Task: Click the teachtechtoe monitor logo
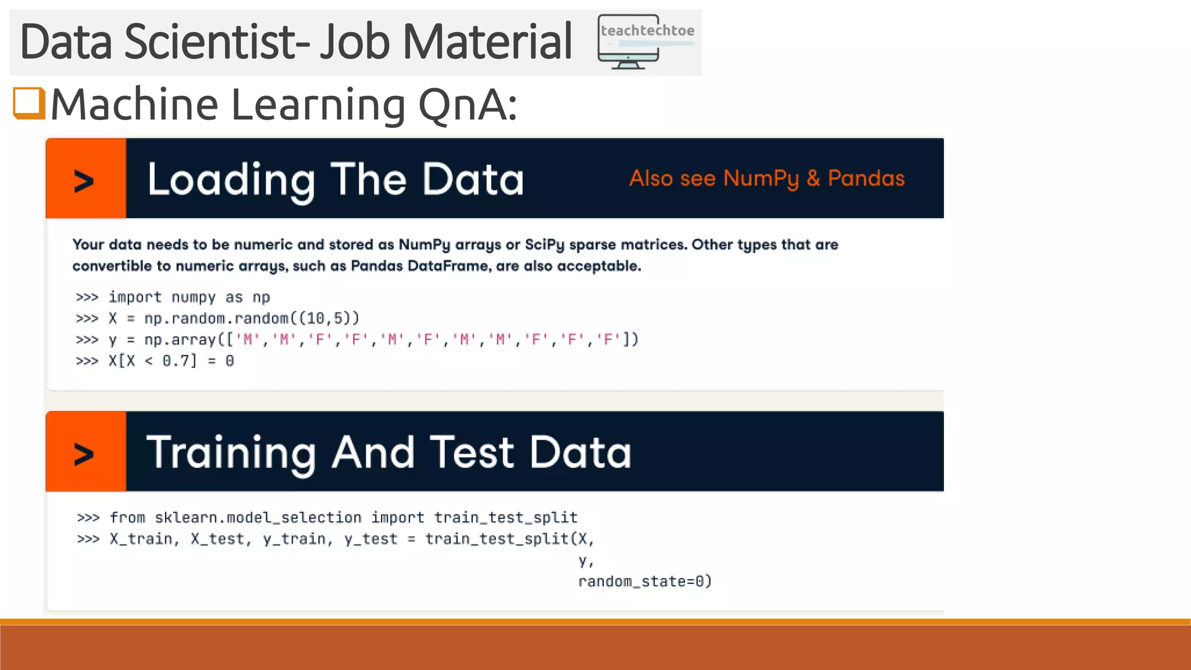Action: coord(646,42)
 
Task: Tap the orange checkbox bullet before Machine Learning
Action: coord(29,104)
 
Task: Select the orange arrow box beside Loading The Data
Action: coord(85,179)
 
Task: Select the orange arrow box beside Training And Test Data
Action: coord(85,452)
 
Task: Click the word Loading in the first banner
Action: coord(231,180)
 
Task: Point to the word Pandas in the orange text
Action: coord(865,179)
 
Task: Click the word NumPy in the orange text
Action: coord(761,179)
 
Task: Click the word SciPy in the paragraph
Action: coord(544,245)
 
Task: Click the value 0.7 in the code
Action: coord(176,361)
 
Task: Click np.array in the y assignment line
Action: coord(180,340)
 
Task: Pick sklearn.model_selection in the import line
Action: coord(258,518)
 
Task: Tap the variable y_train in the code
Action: coord(294,539)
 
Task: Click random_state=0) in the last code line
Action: coord(644,582)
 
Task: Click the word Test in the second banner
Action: coord(472,452)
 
